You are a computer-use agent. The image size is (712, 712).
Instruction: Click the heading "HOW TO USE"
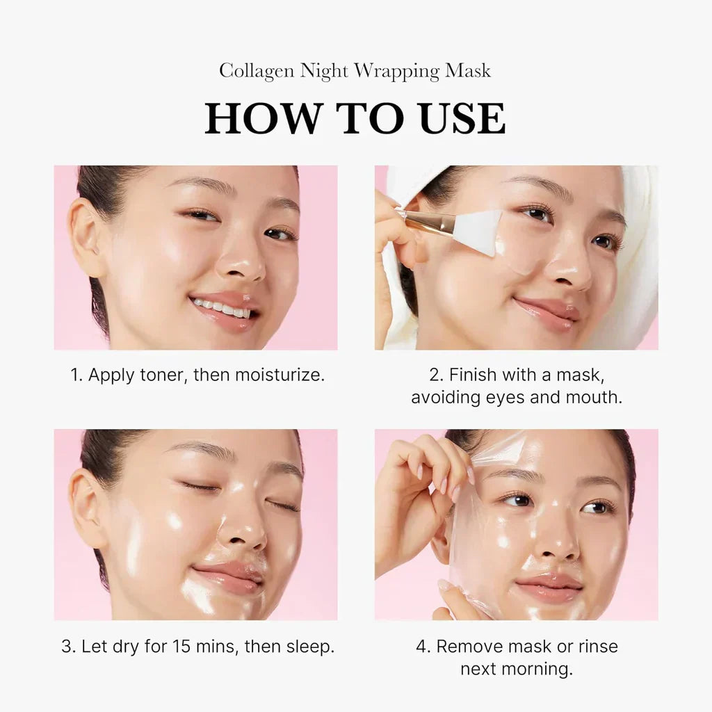[x=355, y=119]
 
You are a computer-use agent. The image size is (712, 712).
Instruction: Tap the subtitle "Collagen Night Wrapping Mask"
[x=355, y=71]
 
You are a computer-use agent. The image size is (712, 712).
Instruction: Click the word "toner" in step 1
[x=162, y=375]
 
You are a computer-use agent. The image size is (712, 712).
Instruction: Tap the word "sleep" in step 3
[x=311, y=646]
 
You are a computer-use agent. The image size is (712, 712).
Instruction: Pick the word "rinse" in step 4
[x=595, y=646]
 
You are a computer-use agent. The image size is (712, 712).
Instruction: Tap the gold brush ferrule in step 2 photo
[x=429, y=222]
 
